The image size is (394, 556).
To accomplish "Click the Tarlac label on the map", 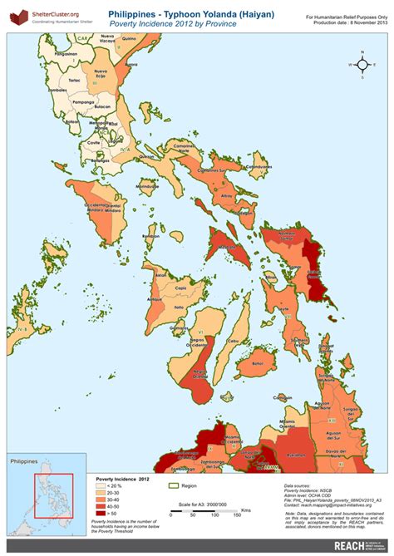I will tap(74, 81).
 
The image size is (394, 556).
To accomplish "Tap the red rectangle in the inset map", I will tap(48, 498).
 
